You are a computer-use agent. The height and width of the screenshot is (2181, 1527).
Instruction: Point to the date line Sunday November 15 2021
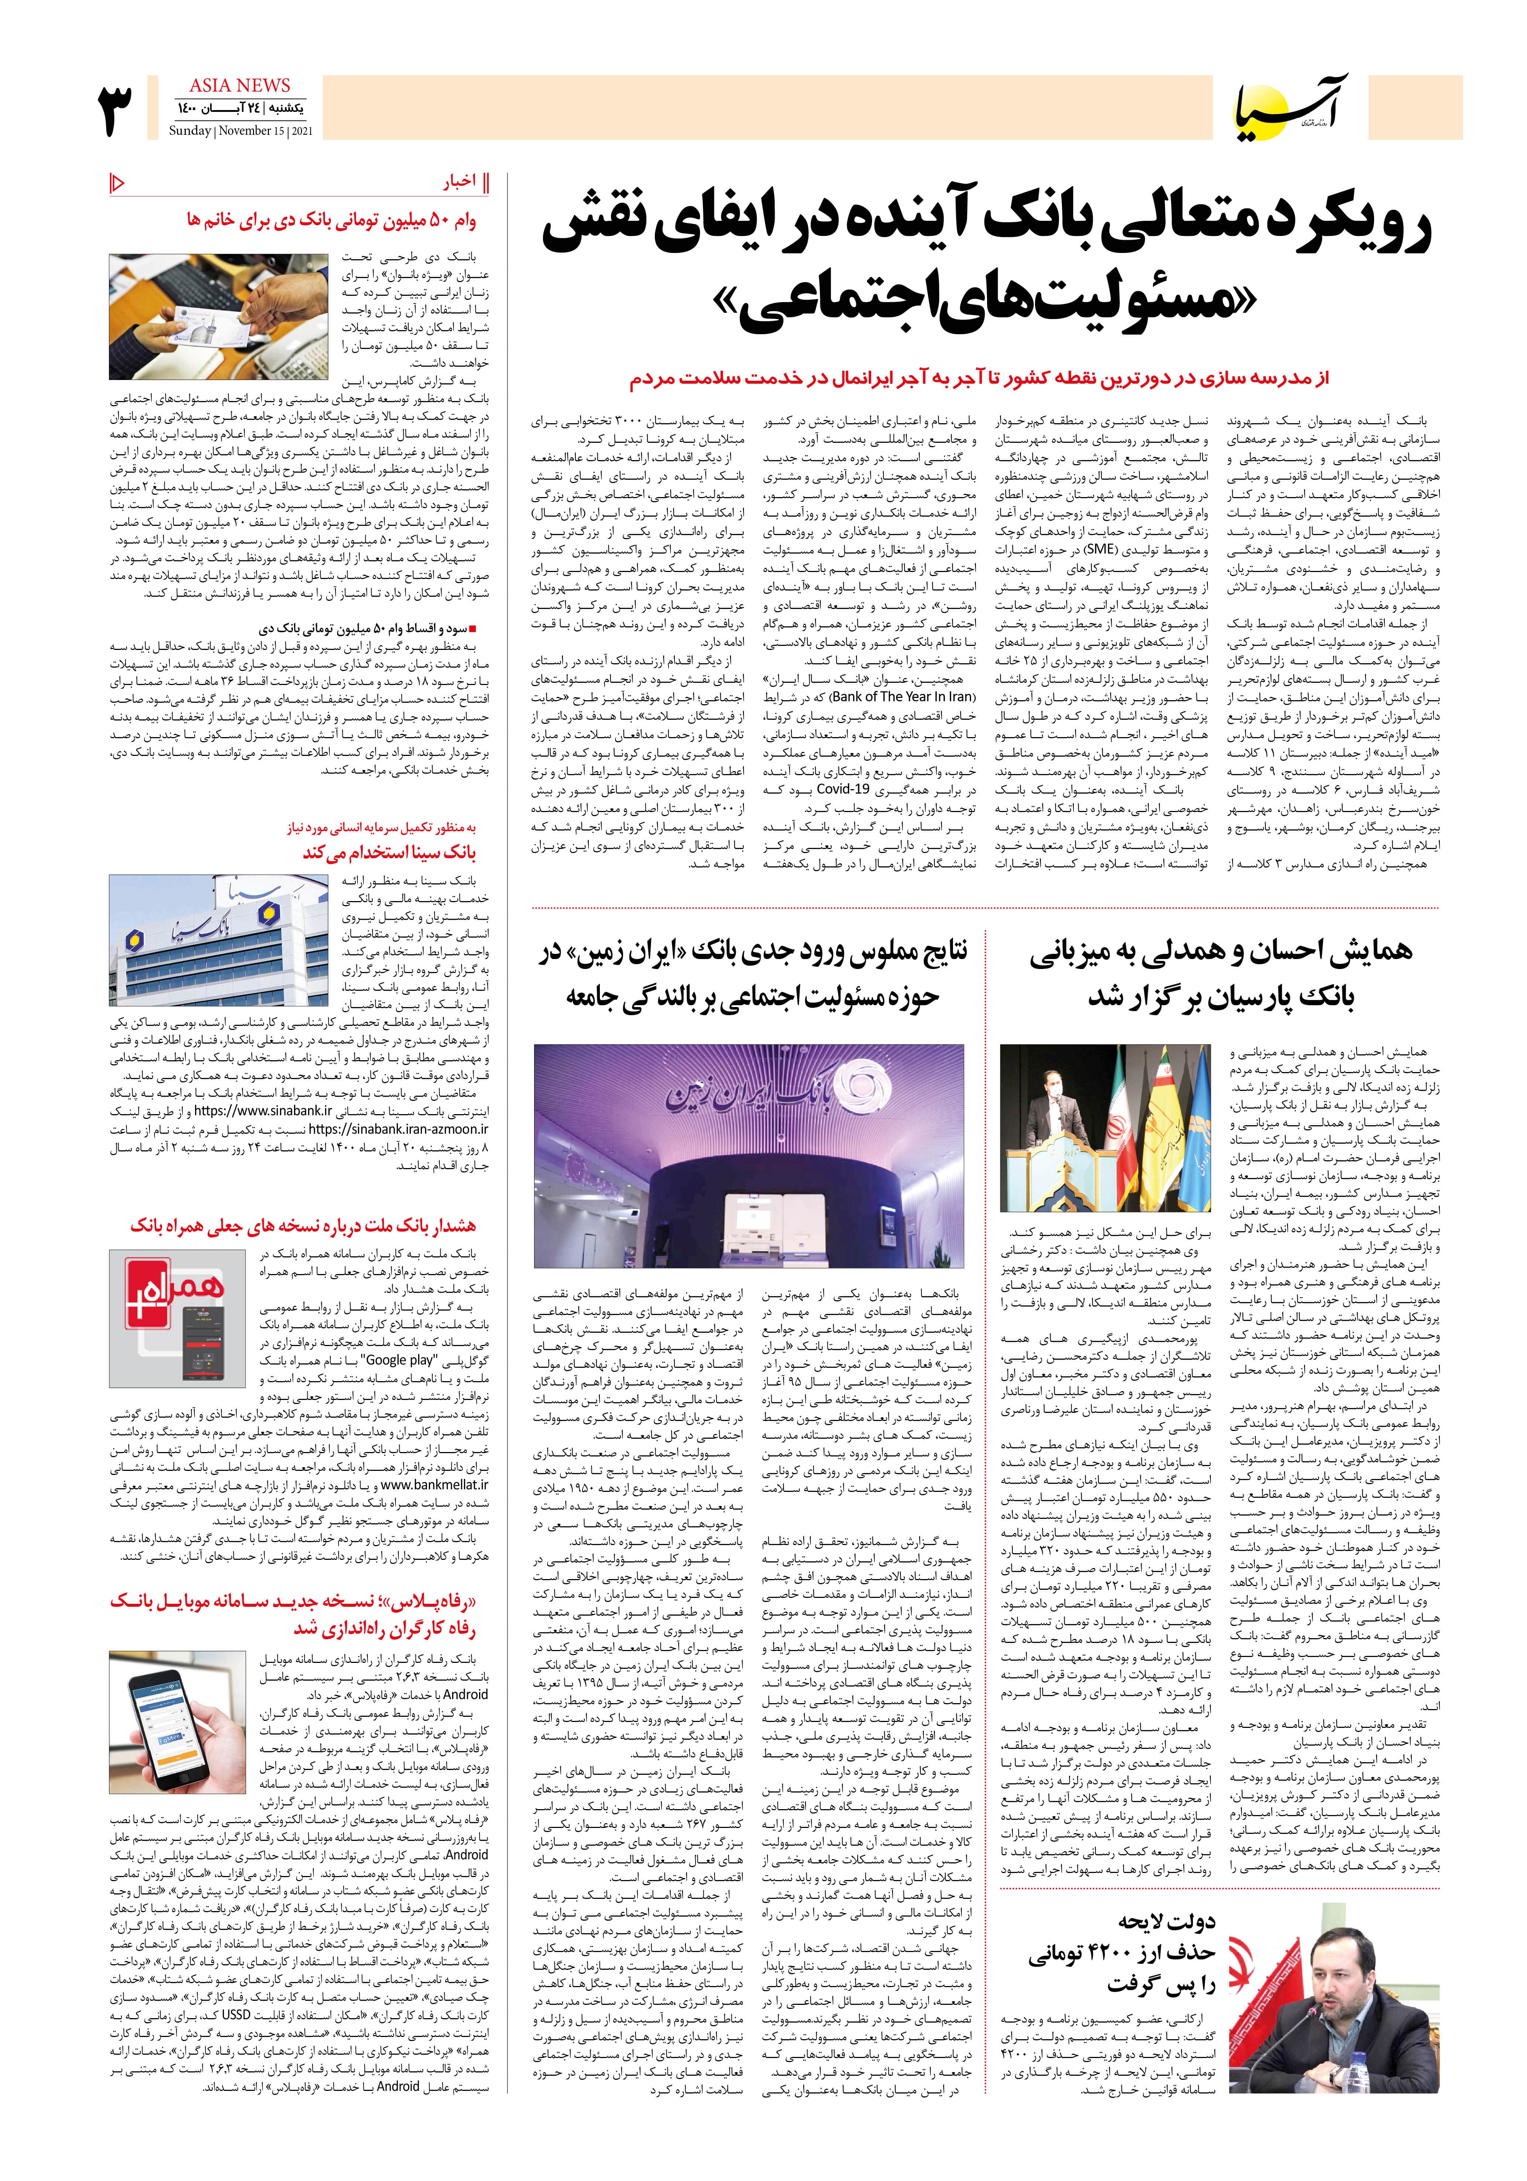[240, 131]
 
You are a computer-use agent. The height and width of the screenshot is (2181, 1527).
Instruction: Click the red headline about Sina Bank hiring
[390, 852]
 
